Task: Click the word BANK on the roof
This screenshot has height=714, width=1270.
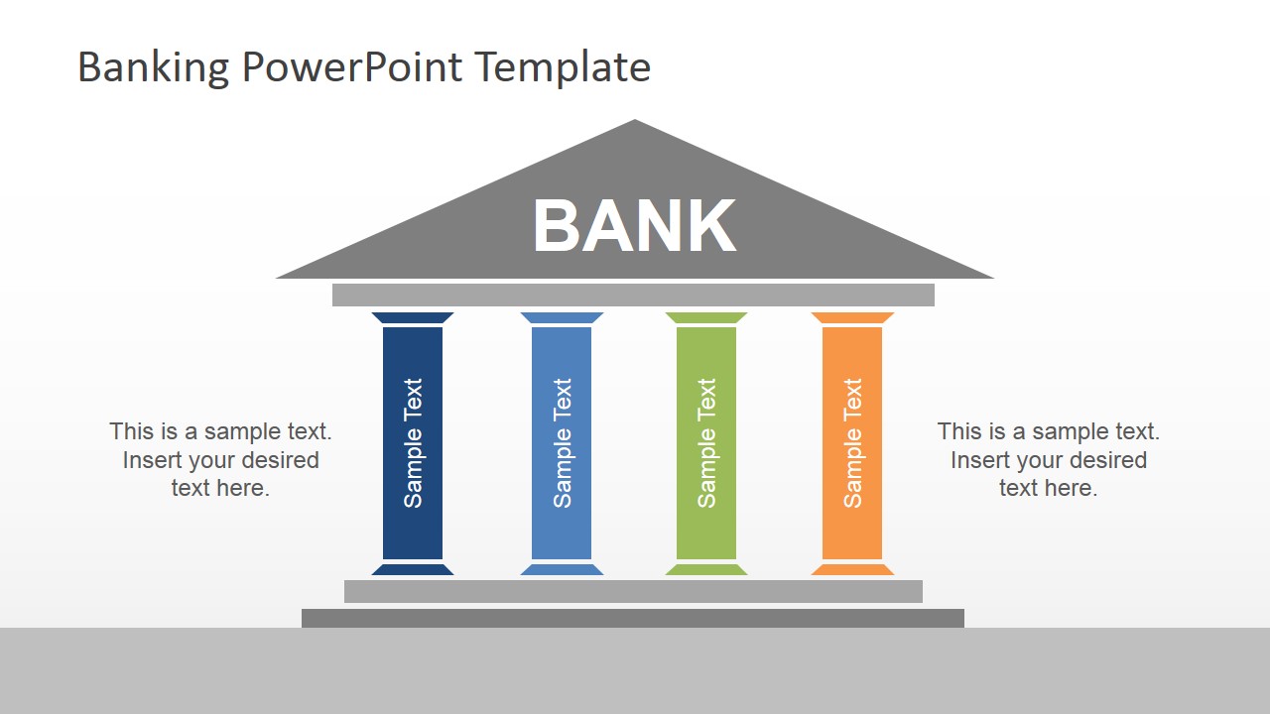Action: pyautogui.click(x=634, y=225)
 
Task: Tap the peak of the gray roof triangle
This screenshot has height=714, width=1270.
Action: pyautogui.click(x=634, y=120)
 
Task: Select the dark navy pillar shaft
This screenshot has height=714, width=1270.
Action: pyautogui.click(x=413, y=443)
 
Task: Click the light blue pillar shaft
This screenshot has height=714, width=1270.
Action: pyautogui.click(x=562, y=443)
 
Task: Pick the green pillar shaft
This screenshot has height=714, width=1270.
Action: pyautogui.click(x=706, y=443)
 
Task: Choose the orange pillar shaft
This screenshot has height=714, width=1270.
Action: pyautogui.click(x=852, y=443)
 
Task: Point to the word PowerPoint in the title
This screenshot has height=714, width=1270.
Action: pyautogui.click(x=352, y=66)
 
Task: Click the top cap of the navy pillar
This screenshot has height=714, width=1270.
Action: pyautogui.click(x=413, y=318)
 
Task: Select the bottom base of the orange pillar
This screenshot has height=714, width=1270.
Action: pyautogui.click(x=852, y=569)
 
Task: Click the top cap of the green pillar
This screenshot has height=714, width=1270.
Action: pyautogui.click(x=706, y=318)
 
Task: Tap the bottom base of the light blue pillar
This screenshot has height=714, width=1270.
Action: pyautogui.click(x=562, y=569)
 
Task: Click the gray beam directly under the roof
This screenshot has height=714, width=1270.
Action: pyautogui.click(x=633, y=296)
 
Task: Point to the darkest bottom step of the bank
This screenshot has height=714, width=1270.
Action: pyautogui.click(x=633, y=618)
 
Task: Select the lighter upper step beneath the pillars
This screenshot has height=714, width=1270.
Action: pyautogui.click(x=633, y=592)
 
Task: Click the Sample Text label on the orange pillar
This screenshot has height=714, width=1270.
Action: pyautogui.click(x=852, y=443)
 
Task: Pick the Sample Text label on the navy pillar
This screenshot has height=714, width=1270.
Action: pyautogui.click(x=413, y=443)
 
